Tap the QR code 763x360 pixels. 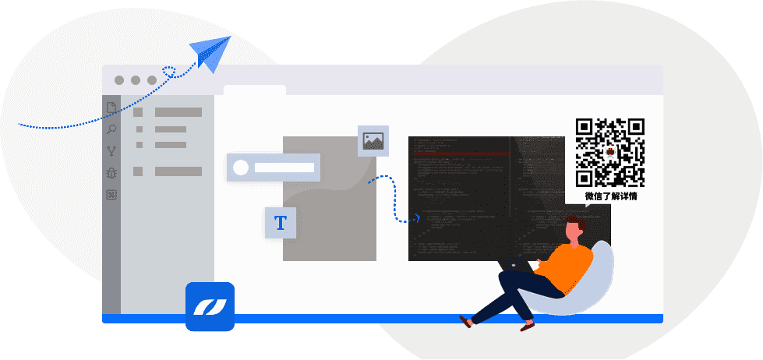(610, 153)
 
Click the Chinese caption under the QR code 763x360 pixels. (611, 196)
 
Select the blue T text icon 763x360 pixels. (281, 224)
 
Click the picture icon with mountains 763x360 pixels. (373, 140)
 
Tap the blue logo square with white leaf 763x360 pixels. (210, 306)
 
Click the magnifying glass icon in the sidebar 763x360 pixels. (111, 129)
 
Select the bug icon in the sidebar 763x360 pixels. (111, 173)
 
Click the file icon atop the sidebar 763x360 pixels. (111, 108)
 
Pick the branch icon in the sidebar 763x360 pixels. (111, 151)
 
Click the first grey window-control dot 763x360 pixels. (119, 80)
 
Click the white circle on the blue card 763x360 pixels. (241, 168)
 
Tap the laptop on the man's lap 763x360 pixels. (515, 264)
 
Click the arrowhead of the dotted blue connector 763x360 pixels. (419, 218)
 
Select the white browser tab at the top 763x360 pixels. (254, 90)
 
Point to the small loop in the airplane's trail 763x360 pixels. (168, 72)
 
